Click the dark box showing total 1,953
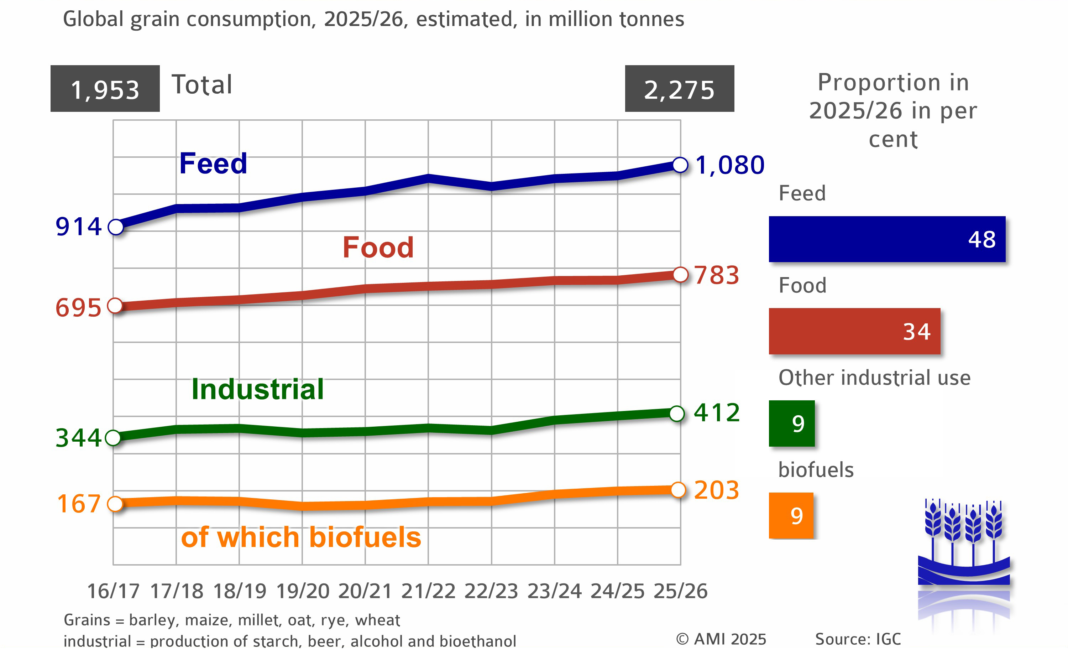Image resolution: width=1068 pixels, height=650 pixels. point(105,89)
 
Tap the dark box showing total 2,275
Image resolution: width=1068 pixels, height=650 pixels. point(679,89)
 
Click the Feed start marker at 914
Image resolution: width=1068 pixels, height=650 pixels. point(116,227)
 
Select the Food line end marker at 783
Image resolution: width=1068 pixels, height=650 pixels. point(680,275)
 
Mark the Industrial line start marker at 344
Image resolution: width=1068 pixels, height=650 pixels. point(113,438)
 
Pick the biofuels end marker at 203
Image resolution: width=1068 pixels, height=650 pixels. point(678,490)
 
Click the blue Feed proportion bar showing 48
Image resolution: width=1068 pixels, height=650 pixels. point(886,239)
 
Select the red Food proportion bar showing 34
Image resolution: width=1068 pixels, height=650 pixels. point(854,331)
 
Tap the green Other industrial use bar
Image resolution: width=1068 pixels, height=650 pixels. point(791,423)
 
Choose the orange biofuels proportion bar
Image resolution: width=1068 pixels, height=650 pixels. point(791,516)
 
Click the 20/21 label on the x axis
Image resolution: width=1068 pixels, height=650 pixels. point(365,591)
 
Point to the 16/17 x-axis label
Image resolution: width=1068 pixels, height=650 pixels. point(113,591)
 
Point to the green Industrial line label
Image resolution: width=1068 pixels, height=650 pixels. point(257,389)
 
